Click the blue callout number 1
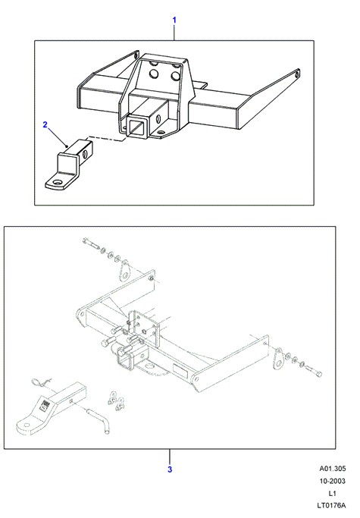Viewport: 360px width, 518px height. click(174, 20)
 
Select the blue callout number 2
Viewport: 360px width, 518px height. click(45, 125)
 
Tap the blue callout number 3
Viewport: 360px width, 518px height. click(170, 469)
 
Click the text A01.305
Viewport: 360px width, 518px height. click(332, 469)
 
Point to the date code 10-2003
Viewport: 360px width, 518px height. click(332, 481)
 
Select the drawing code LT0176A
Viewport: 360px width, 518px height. click(331, 505)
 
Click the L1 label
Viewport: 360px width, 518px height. click(332, 493)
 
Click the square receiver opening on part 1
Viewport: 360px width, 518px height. click(136, 126)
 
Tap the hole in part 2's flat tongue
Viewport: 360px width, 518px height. click(58, 182)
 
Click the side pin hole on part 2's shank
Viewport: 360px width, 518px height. click(86, 154)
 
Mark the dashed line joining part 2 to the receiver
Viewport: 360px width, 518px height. click(105, 139)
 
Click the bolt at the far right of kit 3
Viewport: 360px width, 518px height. click(315, 371)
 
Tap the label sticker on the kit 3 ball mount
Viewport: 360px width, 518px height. click(45, 405)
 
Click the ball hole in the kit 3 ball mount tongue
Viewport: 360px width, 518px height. click(27, 425)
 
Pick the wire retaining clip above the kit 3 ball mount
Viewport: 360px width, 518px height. click(41, 383)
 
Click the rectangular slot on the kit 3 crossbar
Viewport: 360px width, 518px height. click(180, 369)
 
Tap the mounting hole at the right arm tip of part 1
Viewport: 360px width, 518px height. click(296, 74)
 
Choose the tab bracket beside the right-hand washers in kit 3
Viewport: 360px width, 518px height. click(278, 359)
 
